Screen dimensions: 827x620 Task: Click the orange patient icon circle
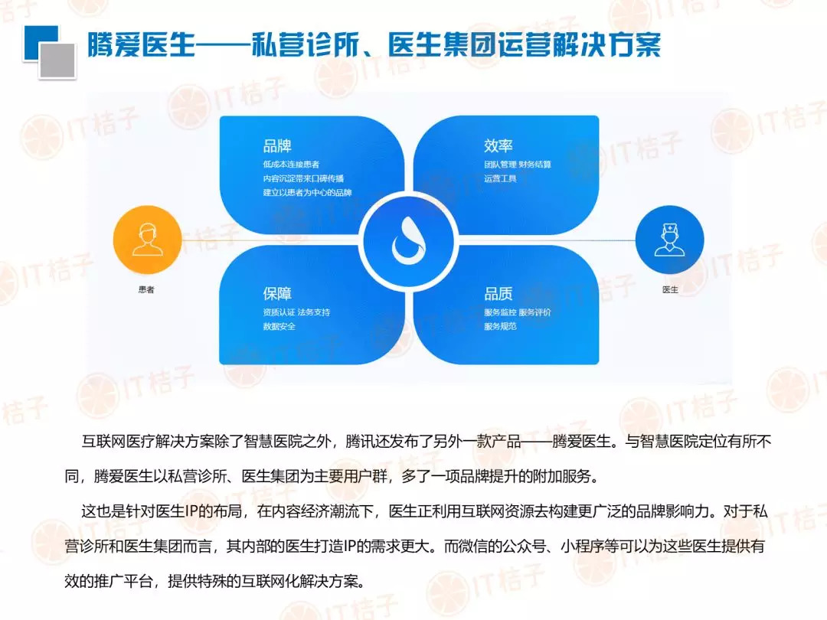[x=148, y=240]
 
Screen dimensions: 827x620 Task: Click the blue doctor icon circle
[x=670, y=240]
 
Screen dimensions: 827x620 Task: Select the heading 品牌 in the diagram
[x=277, y=145]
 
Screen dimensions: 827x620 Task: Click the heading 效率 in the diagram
[x=498, y=145]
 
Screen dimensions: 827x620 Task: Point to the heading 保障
[x=277, y=294]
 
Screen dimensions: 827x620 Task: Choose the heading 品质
[x=498, y=294]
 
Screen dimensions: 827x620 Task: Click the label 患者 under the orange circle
[x=146, y=289]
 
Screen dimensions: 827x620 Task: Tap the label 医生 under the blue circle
[x=670, y=289]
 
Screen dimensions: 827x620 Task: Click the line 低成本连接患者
[x=291, y=165]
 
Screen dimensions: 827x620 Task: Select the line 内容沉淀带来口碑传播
[x=303, y=178]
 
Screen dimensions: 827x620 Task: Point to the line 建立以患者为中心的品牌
[x=308, y=192]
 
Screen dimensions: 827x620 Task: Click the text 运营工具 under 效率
[x=501, y=178]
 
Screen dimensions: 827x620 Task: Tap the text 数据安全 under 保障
[x=279, y=326]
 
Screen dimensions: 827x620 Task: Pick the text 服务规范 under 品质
[x=501, y=326]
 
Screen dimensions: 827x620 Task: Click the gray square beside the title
[x=57, y=60]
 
